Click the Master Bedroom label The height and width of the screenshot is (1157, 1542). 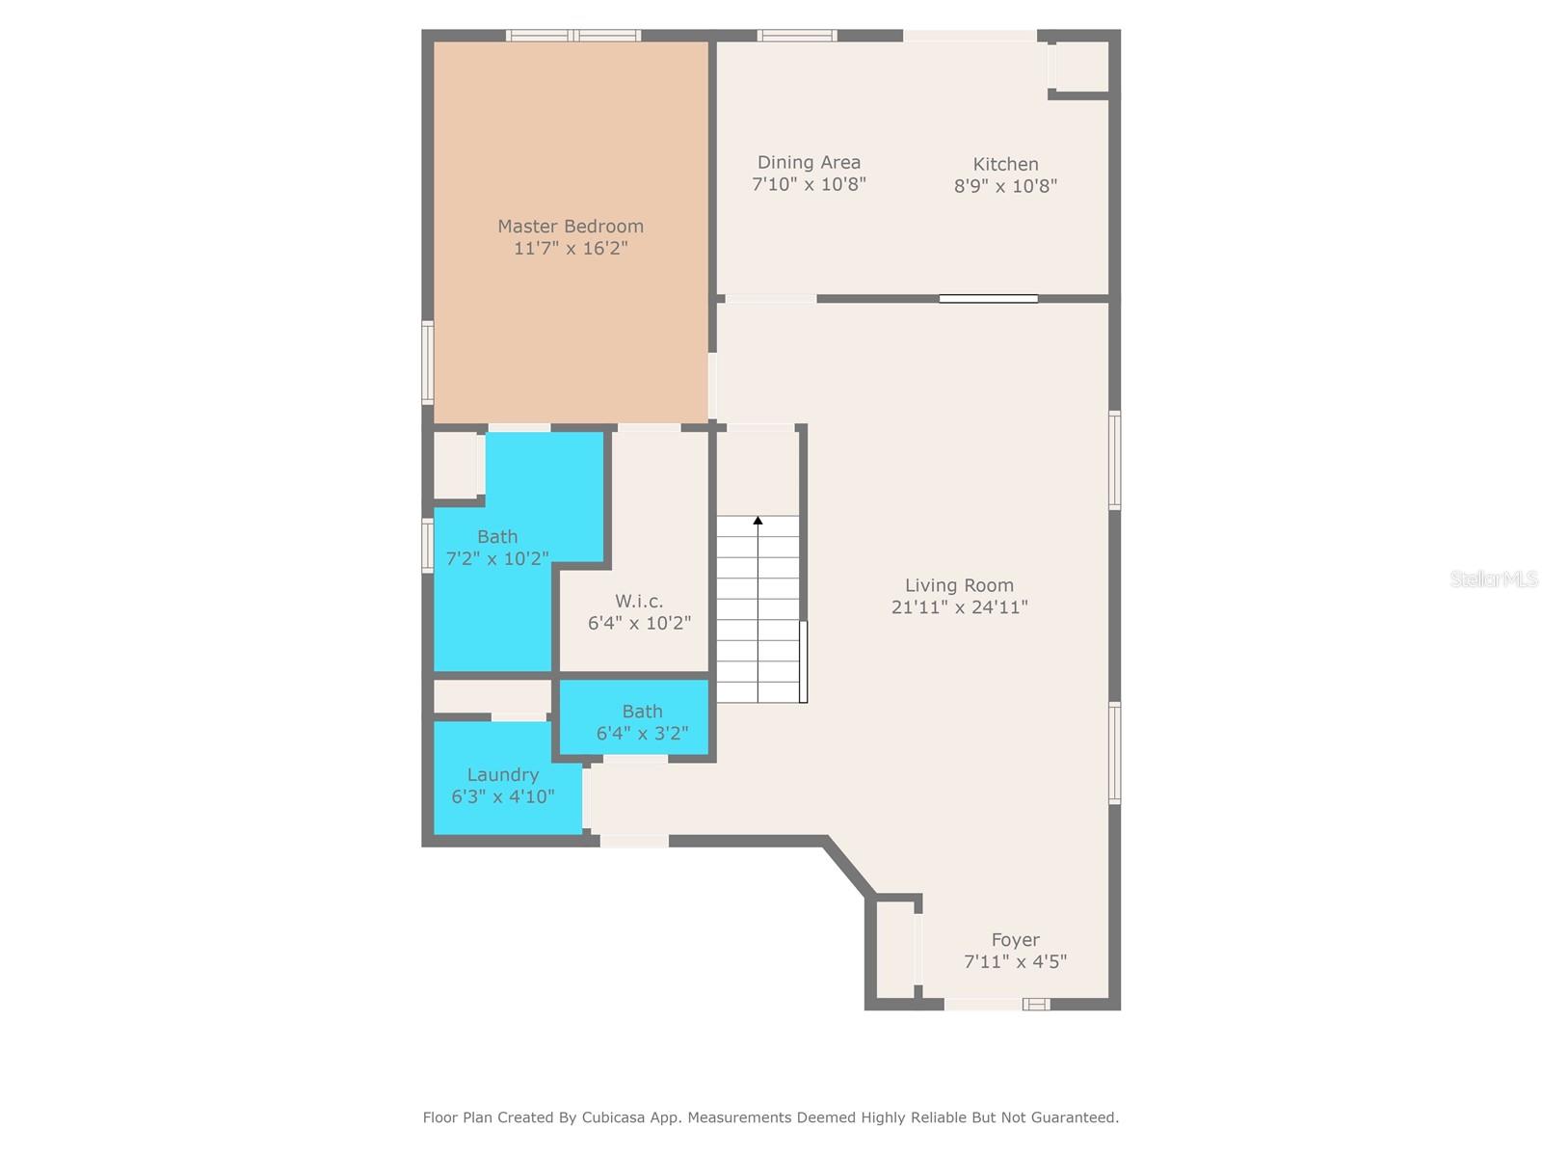coord(571,226)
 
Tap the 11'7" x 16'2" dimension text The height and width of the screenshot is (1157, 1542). coord(571,249)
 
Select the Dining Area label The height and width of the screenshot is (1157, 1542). coord(809,162)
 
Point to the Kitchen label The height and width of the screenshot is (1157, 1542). coord(1005,164)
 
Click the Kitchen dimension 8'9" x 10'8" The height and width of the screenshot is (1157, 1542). coord(1005,186)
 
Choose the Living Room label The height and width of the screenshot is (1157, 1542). coord(959,585)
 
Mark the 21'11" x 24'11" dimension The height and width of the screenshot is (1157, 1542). coord(959,607)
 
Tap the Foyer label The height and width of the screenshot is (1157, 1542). coord(1015,940)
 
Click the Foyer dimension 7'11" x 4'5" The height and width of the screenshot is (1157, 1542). coord(1015,962)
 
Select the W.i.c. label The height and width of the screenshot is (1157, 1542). coord(639,601)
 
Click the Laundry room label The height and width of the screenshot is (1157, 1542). coord(502,774)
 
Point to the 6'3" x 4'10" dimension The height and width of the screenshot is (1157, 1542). coord(502,797)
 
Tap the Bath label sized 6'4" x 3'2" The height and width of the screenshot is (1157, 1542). coord(642,712)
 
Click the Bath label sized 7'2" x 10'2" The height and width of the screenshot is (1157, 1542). coord(497,536)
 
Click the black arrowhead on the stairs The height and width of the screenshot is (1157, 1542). coord(758,521)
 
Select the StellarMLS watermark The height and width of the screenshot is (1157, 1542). coord(1493,578)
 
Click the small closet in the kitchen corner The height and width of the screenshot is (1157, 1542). coord(1080,66)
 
